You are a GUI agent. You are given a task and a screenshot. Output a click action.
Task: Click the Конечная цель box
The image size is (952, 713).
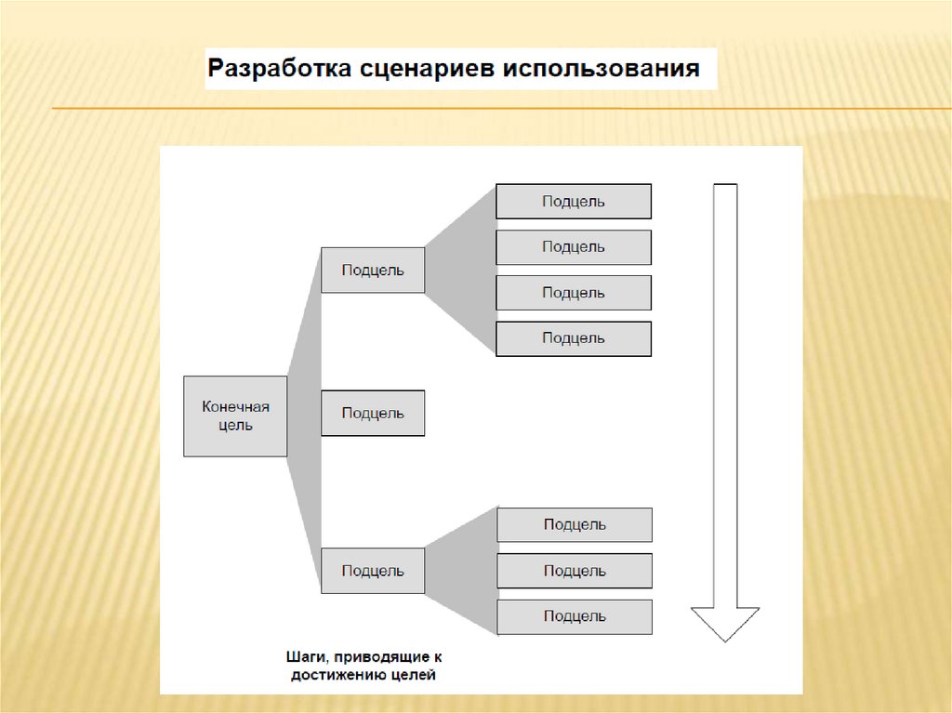(235, 416)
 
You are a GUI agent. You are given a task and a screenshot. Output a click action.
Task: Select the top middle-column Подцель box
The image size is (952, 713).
(373, 271)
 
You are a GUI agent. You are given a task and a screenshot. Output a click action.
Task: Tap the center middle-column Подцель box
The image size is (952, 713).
(373, 414)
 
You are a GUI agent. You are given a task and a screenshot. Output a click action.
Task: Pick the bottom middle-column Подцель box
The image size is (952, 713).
(373, 571)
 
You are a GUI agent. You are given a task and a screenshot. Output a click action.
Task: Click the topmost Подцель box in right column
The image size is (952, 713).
(574, 202)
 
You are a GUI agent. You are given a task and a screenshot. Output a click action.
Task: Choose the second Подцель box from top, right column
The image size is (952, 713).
(574, 247)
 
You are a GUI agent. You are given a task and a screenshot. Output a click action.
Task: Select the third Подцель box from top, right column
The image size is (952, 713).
(574, 293)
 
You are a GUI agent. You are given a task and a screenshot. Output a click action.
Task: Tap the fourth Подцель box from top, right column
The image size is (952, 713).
(574, 338)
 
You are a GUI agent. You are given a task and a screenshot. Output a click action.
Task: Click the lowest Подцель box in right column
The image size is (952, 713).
(575, 616)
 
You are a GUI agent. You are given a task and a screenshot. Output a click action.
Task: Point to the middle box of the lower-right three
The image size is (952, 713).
(575, 571)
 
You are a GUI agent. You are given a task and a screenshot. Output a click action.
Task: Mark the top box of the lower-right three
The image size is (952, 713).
(575, 525)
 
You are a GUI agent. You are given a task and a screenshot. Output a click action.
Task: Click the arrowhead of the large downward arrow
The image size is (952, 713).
(725, 622)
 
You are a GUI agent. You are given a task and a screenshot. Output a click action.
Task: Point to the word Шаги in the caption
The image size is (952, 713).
(308, 657)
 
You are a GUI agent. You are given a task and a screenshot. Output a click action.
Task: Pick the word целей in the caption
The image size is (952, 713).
(414, 676)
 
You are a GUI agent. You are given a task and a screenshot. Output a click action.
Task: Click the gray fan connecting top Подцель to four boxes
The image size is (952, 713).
(461, 270)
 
